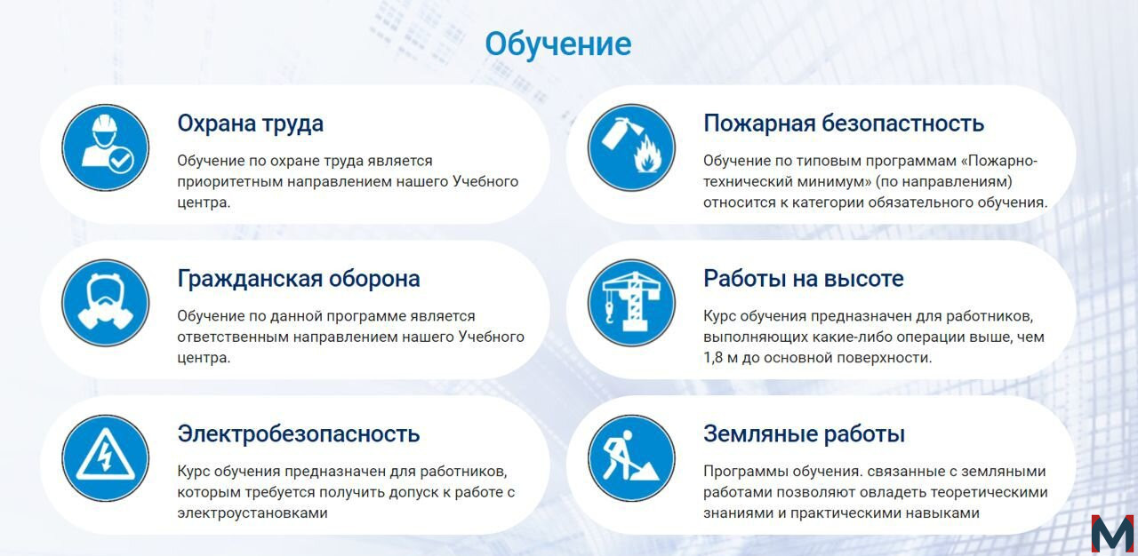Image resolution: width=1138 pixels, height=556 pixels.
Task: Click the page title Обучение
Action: (x=557, y=44)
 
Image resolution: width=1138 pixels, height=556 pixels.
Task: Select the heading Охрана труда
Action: (x=251, y=123)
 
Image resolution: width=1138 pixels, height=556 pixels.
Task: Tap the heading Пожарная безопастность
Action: (x=844, y=123)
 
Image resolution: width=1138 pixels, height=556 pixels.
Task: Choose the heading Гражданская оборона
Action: (x=299, y=279)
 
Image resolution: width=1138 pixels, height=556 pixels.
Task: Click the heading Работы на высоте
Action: (x=804, y=279)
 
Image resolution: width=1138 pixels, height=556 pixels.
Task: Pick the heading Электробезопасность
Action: (x=299, y=434)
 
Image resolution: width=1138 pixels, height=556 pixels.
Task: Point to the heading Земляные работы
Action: (x=805, y=434)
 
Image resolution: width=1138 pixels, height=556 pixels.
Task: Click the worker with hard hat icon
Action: (x=106, y=147)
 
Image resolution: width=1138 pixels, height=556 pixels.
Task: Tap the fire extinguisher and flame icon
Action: (x=631, y=147)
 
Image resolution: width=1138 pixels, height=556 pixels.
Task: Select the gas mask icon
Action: (x=106, y=303)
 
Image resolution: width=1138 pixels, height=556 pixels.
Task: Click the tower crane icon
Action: (x=631, y=303)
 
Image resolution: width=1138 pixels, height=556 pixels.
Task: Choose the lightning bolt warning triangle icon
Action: (x=106, y=458)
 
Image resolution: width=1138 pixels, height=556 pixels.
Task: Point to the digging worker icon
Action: (x=631, y=458)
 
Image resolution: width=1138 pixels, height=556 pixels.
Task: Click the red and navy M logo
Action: (x=1112, y=534)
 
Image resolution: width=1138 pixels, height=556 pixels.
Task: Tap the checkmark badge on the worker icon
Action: (x=121, y=162)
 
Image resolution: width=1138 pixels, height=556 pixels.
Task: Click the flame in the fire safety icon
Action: (x=646, y=155)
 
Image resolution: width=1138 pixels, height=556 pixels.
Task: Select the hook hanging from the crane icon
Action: (x=610, y=311)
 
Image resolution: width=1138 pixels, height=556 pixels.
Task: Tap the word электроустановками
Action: (x=252, y=512)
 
